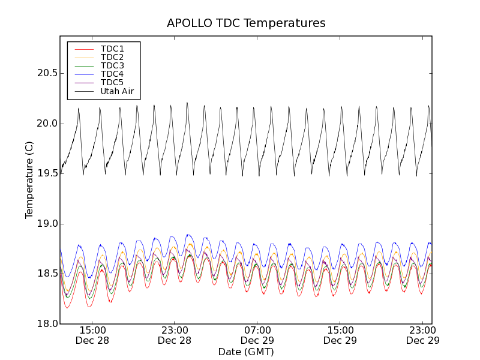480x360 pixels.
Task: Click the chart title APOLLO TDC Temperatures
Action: (246, 23)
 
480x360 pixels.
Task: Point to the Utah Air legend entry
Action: (117, 91)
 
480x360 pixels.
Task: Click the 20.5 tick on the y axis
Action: (44, 73)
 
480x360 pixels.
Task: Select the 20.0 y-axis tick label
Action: (44, 124)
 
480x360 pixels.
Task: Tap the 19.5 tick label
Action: (44, 173)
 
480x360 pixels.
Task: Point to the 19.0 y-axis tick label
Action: (44, 224)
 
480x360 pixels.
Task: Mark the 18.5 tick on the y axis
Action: (44, 274)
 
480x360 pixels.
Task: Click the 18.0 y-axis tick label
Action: (44, 324)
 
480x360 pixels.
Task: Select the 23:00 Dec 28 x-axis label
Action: (175, 335)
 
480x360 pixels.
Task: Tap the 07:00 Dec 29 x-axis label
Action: (257, 335)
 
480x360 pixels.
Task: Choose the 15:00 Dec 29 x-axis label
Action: (340, 335)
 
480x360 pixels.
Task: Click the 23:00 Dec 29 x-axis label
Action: (422, 335)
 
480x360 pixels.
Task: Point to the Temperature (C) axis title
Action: (29, 180)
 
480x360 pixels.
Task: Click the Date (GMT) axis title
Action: (246, 352)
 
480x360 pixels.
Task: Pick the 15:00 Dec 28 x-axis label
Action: (92, 335)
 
